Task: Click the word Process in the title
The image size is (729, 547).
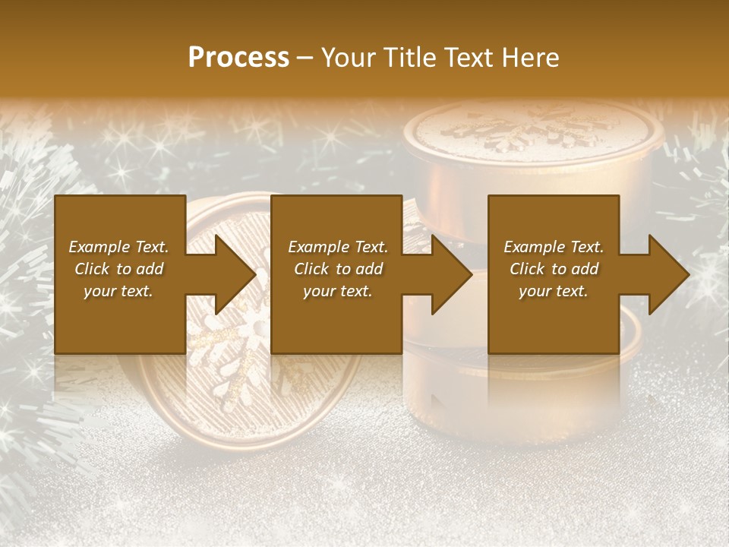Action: click(238, 58)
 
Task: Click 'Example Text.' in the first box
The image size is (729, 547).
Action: click(118, 247)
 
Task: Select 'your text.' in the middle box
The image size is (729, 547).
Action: click(337, 291)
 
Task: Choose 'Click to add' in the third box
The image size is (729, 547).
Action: click(554, 269)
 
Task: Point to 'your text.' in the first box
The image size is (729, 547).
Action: click(118, 291)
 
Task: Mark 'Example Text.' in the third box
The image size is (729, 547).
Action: click(554, 247)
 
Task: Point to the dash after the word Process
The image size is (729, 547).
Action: click(305, 58)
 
